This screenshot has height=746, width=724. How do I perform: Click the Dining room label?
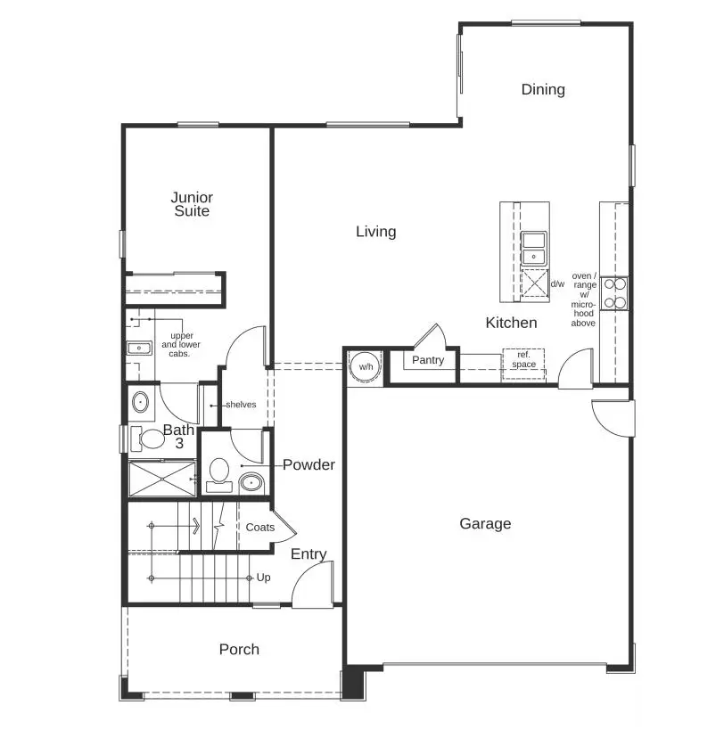pos(543,89)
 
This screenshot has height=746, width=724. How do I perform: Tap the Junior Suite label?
pos(192,204)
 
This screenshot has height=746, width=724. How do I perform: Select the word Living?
pos(375,232)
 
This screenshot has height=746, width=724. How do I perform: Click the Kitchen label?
pos(511,323)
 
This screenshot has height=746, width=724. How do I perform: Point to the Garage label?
pos(485,524)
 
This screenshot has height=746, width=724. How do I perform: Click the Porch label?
pos(239,650)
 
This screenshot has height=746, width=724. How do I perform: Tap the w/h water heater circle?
pos(366,366)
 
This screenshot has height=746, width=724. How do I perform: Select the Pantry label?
pos(428,361)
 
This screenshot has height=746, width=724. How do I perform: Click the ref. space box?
pos(523,360)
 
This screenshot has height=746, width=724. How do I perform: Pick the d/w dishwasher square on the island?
pos(535,283)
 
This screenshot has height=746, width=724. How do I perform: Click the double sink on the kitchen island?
pos(534,248)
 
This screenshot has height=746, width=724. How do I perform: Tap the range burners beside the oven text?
pos(614,292)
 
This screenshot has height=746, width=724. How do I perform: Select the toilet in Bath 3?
pos(146,439)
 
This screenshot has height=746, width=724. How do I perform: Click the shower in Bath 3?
pos(162,478)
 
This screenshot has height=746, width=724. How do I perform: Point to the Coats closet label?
pos(259,528)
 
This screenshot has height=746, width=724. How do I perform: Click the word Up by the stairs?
pos(263,578)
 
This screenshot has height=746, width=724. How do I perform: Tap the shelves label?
pos(240,405)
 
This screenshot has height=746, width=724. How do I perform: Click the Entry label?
pos(309,554)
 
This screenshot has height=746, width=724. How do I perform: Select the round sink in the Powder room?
pos(251,483)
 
